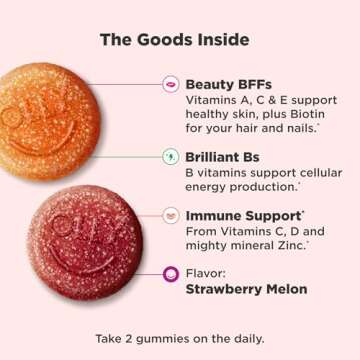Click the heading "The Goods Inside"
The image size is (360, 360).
174,40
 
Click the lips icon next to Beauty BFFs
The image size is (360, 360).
170,85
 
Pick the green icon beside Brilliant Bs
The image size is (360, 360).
170,157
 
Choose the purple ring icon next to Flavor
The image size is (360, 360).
170,274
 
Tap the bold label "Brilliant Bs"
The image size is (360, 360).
225,157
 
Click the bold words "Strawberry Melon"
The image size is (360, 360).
245,289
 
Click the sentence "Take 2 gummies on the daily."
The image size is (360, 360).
180,337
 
